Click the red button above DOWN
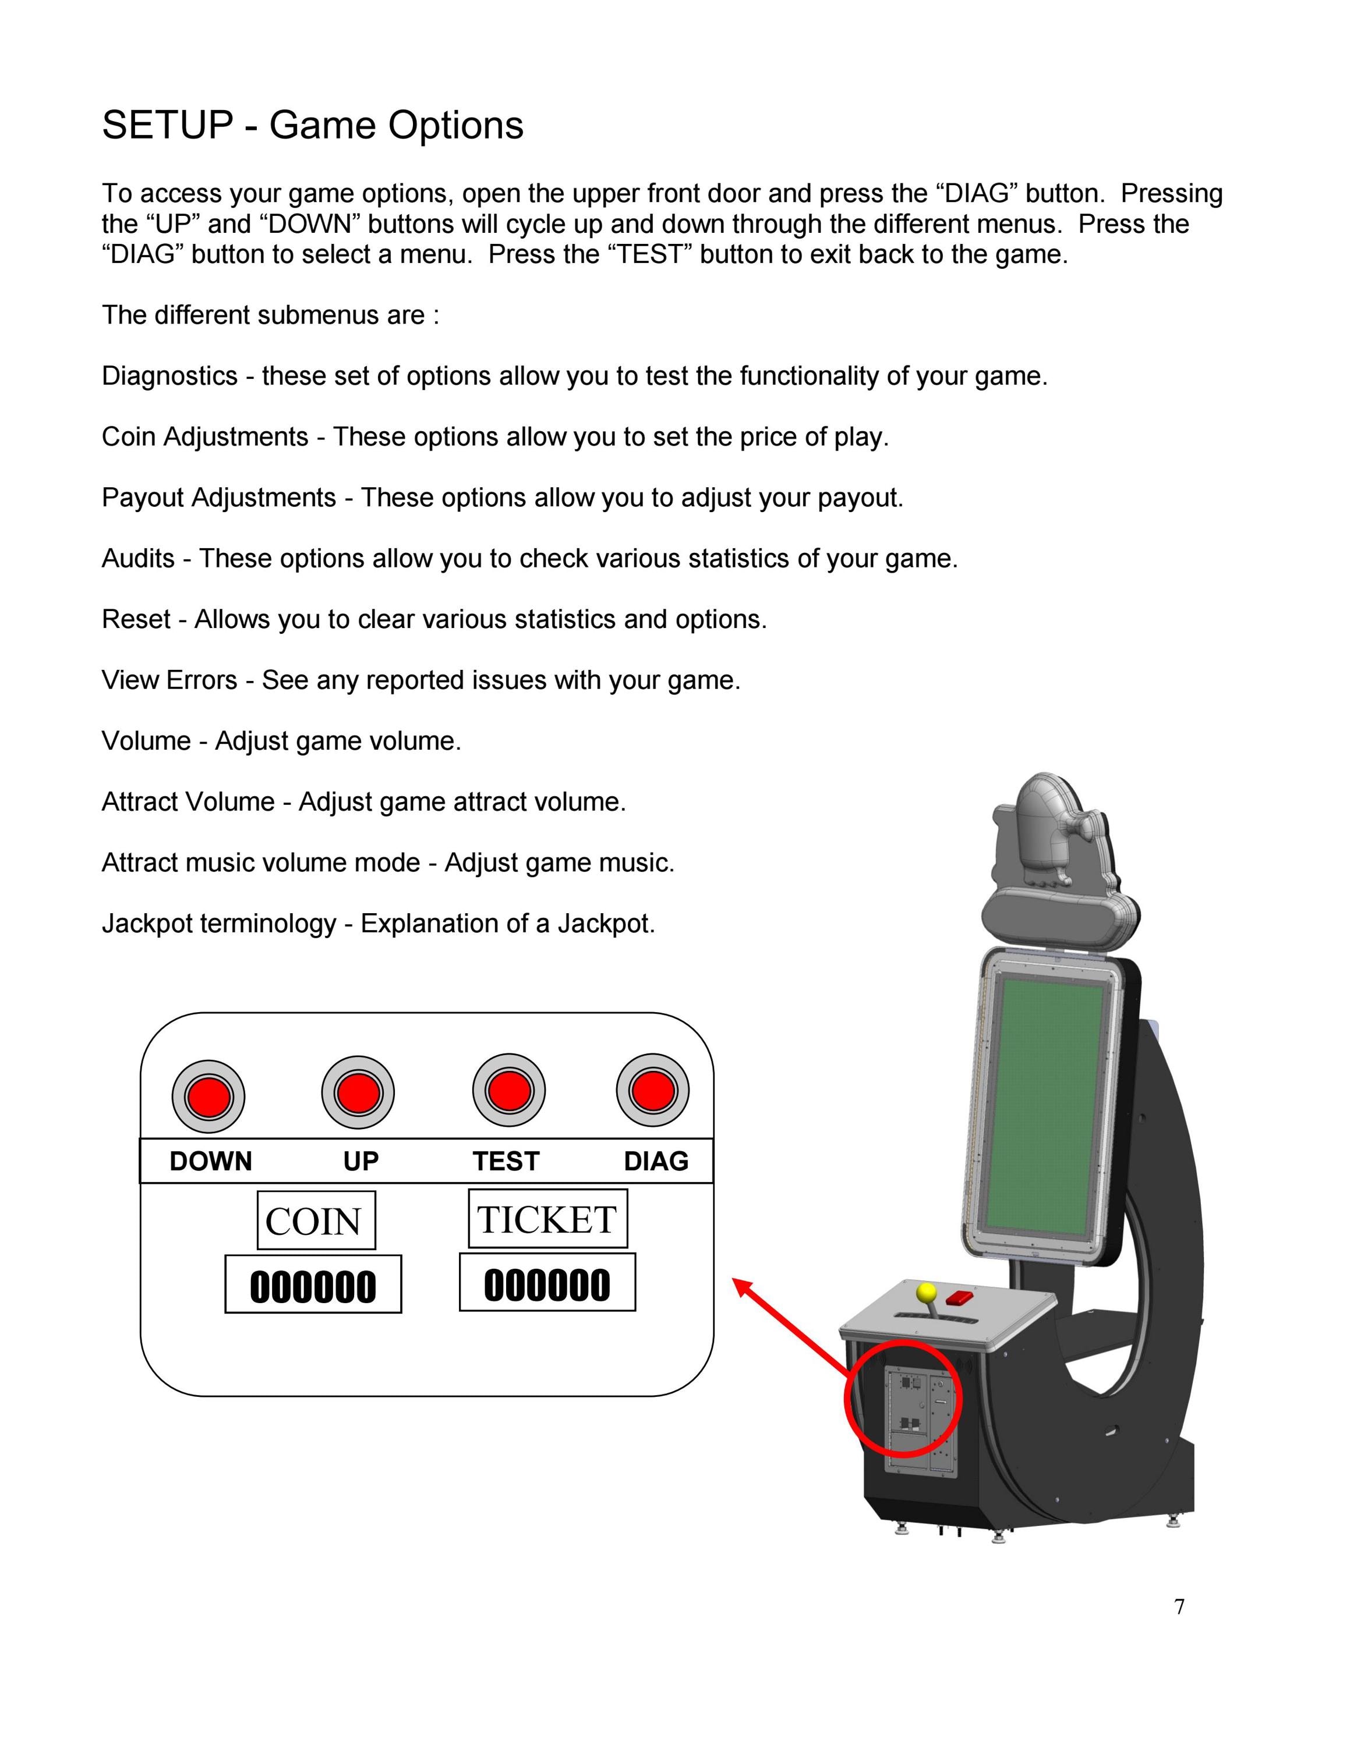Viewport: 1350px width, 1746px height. (208, 1096)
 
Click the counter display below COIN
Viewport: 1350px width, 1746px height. (313, 1284)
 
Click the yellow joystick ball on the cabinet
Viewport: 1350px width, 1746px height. (926, 1293)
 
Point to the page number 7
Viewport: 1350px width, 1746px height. (1180, 1607)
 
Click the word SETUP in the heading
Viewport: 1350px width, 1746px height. (167, 126)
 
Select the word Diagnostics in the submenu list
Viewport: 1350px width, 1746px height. (169, 376)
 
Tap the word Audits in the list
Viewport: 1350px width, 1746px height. (139, 558)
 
